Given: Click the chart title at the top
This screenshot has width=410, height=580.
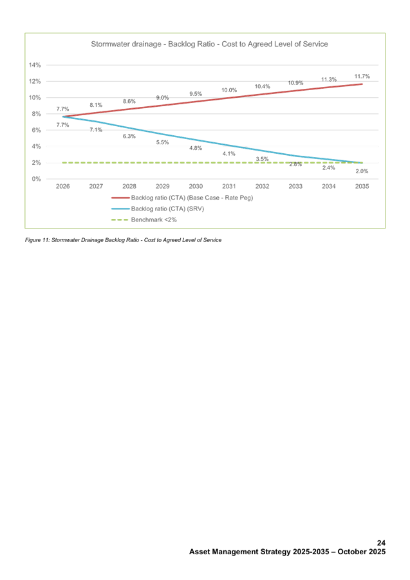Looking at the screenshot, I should pos(209,44).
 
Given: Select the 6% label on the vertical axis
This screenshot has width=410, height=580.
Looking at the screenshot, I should pos(36,130).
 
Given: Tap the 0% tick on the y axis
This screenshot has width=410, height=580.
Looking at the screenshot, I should pos(36,178).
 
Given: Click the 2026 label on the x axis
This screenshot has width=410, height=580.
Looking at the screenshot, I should pos(62,186).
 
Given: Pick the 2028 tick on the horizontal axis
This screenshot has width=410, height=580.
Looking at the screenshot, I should pos(129,186).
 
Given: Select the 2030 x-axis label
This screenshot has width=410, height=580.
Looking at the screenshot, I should pos(196,186).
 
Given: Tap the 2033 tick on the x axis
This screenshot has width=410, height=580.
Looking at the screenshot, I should pos(295,186).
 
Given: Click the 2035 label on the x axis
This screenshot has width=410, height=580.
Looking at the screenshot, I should pos(362,186).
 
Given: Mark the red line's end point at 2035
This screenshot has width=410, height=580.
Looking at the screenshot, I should pos(362,84).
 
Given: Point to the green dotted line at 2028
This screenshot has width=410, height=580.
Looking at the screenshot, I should pos(129,163).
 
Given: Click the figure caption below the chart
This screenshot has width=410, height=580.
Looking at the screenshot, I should pos(122,239).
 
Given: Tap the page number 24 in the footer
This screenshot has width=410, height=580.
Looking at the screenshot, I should pos(381,543).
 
